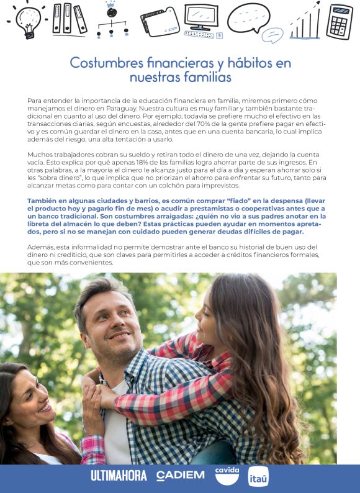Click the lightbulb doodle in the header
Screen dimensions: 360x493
(x=29, y=20)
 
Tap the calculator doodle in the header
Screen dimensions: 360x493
(x=340, y=22)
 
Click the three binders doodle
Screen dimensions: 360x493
(x=70, y=19)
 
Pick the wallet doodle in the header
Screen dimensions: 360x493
(x=160, y=22)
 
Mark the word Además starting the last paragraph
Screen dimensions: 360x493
(x=42, y=247)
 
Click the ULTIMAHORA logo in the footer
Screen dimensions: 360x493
(x=119, y=476)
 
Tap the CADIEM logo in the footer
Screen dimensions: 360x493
(x=181, y=476)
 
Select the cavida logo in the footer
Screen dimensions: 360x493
(x=227, y=475)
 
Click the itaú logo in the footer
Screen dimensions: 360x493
(x=258, y=476)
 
